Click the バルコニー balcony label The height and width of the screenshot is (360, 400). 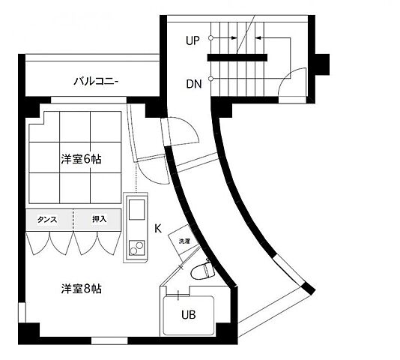[x=95, y=81]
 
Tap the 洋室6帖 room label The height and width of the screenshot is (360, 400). [x=80, y=159]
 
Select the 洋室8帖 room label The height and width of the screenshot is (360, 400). [x=80, y=289]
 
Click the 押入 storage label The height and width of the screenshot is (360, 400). [x=99, y=220]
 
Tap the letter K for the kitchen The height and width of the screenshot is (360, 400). [x=158, y=227]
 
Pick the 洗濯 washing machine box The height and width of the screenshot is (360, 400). [x=184, y=241]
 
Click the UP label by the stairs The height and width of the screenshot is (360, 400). [x=193, y=40]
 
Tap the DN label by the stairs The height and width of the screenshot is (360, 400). [x=193, y=84]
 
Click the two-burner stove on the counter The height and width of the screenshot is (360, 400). [x=136, y=244]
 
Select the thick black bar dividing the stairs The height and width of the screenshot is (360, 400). [x=237, y=57]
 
